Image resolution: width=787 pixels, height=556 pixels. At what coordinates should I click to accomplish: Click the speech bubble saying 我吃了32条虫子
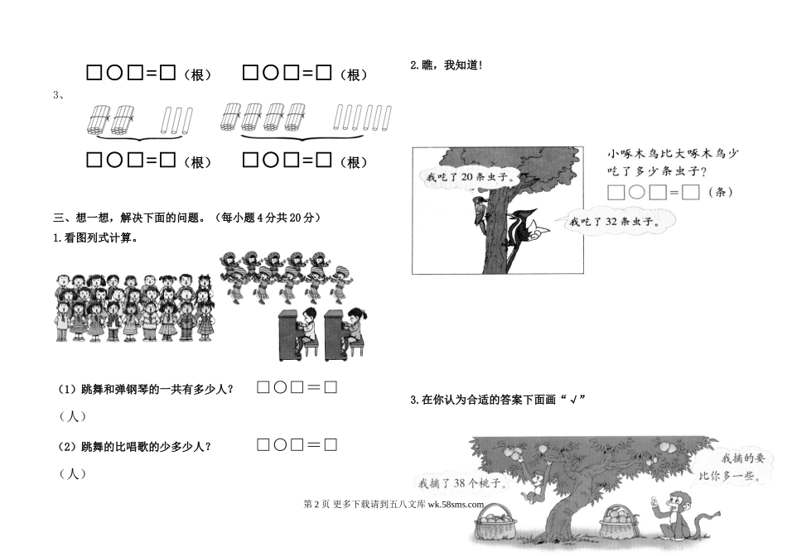616,221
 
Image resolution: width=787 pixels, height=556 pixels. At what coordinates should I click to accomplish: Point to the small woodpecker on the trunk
479,213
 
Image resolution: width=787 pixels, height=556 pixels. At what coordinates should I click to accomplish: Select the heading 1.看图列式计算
95,238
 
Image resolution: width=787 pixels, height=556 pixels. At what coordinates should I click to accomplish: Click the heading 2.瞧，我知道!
447,65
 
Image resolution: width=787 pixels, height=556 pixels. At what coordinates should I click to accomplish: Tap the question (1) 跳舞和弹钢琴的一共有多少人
146,389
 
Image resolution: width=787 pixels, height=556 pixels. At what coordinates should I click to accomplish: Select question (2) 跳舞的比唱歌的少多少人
135,446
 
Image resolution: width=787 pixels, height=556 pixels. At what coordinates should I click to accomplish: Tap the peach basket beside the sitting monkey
620,522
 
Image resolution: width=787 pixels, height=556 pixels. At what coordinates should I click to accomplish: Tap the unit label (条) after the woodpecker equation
721,192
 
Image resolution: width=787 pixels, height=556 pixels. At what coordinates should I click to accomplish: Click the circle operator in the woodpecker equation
637,192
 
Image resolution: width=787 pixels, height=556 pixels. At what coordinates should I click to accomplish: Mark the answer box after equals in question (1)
331,387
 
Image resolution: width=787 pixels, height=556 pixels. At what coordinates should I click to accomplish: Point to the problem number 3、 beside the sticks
59,95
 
